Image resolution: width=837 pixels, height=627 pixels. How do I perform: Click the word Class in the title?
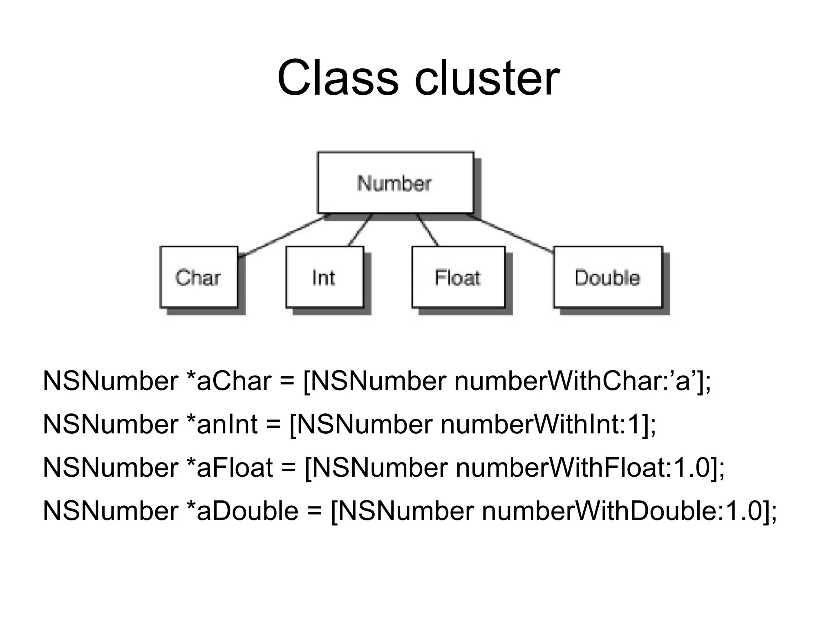click(338, 78)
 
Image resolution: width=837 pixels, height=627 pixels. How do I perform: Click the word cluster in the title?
click(487, 78)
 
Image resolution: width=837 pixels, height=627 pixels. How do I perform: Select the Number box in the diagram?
click(395, 183)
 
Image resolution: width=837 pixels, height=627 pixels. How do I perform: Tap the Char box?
click(199, 277)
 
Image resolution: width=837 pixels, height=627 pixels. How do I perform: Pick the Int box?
click(325, 277)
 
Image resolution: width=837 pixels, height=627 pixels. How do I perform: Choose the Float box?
click(458, 277)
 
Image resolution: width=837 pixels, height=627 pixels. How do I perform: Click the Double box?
click(607, 277)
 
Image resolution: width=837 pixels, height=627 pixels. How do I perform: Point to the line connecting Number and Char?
click(282, 236)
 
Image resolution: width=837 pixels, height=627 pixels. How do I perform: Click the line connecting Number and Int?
click(360, 230)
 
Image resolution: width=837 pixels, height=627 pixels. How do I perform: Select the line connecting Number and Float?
click(427, 230)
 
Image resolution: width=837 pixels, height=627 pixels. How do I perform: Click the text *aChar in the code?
click(228, 381)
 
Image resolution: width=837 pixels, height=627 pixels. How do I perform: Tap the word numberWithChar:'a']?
click(582, 381)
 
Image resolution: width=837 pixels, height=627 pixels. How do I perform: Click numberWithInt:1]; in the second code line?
click(548, 424)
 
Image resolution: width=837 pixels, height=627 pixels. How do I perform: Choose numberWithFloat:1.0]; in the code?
click(590, 468)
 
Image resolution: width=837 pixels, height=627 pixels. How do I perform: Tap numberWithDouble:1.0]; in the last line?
click(629, 511)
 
